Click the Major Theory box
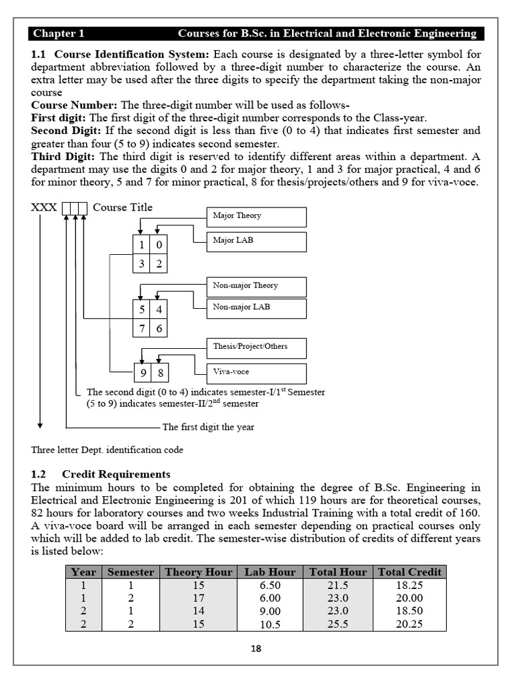click(x=257, y=217)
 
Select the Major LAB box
click(x=257, y=241)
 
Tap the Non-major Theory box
click(x=257, y=286)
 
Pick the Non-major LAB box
click(x=257, y=308)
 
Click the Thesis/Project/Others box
click(x=257, y=348)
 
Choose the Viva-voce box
click(x=257, y=372)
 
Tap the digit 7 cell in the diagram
click(x=141, y=328)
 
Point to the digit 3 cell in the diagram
click(x=141, y=263)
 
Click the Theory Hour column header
click(x=199, y=572)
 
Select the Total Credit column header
click(x=409, y=572)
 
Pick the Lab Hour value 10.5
click(x=270, y=625)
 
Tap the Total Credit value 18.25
click(x=409, y=585)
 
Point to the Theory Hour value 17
click(x=199, y=598)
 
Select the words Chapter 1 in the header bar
click(x=59, y=33)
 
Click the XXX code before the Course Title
click(x=44, y=207)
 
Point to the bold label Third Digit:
click(x=64, y=156)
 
